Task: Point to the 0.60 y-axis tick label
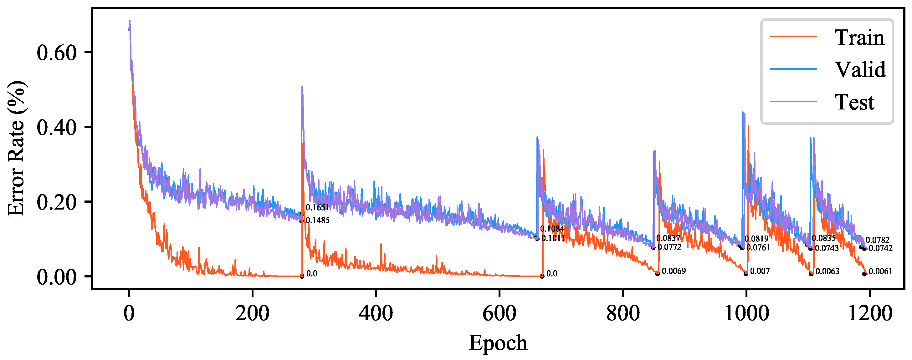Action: click(57, 53)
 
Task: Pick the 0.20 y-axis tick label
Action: click(57, 202)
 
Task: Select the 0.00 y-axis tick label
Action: click(57, 277)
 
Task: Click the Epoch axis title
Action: click(498, 343)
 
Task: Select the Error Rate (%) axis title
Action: click(16, 148)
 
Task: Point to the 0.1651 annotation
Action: click(318, 207)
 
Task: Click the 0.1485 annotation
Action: click(318, 220)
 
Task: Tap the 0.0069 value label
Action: click(674, 271)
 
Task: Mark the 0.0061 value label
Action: click(880, 271)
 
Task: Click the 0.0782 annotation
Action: click(877, 240)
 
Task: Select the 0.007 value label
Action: click(760, 271)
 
